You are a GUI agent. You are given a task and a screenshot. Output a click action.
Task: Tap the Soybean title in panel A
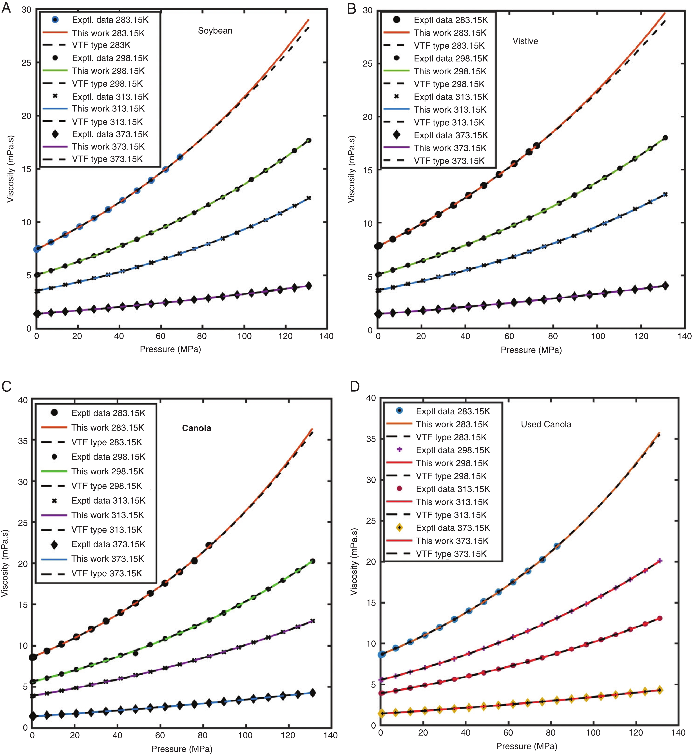215,31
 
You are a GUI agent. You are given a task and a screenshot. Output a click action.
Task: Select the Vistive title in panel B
525,41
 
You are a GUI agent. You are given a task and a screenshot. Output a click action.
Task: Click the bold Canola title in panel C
196,428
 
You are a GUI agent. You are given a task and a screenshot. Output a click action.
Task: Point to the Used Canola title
546,424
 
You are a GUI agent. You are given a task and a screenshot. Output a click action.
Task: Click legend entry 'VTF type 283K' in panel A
101,45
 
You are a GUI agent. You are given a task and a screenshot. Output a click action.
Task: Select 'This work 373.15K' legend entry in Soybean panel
108,146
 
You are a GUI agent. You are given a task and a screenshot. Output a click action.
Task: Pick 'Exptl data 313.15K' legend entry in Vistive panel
451,97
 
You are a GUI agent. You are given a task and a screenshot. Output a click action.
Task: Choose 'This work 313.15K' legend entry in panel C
107,515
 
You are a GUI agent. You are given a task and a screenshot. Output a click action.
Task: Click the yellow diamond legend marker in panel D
399,528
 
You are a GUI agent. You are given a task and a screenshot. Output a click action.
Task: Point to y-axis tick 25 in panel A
26,63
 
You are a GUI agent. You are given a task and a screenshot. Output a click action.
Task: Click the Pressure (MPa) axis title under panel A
170,349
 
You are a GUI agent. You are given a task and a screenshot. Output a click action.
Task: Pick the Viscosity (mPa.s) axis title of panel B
351,169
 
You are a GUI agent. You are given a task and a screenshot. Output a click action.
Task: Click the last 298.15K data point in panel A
309,141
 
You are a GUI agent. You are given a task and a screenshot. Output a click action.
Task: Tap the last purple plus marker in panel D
659,561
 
